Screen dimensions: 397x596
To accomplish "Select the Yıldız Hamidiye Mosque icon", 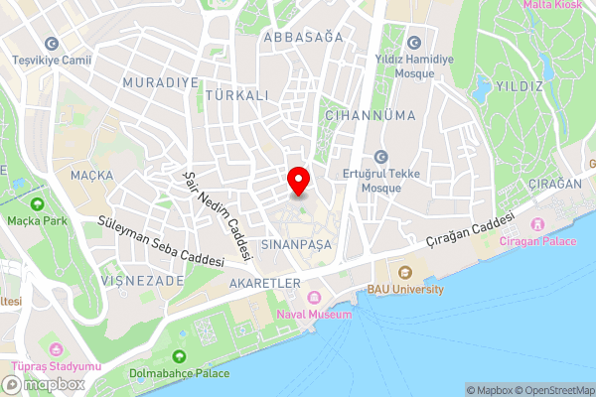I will coord(414,43).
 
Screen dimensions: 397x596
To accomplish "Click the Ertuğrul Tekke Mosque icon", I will coord(380,157).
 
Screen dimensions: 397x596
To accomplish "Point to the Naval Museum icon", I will coord(315,298).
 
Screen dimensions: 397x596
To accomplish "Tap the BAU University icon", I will coord(404,273).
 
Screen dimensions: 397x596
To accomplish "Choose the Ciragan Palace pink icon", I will coord(540,224).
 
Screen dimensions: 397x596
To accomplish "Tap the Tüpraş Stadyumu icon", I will coord(56,349).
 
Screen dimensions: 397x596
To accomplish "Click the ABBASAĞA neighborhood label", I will coord(303,37).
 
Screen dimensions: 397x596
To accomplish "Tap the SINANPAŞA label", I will coord(294,243).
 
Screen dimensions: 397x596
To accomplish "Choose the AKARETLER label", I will coord(264,283).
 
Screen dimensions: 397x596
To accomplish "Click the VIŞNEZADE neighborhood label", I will coord(142,281).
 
